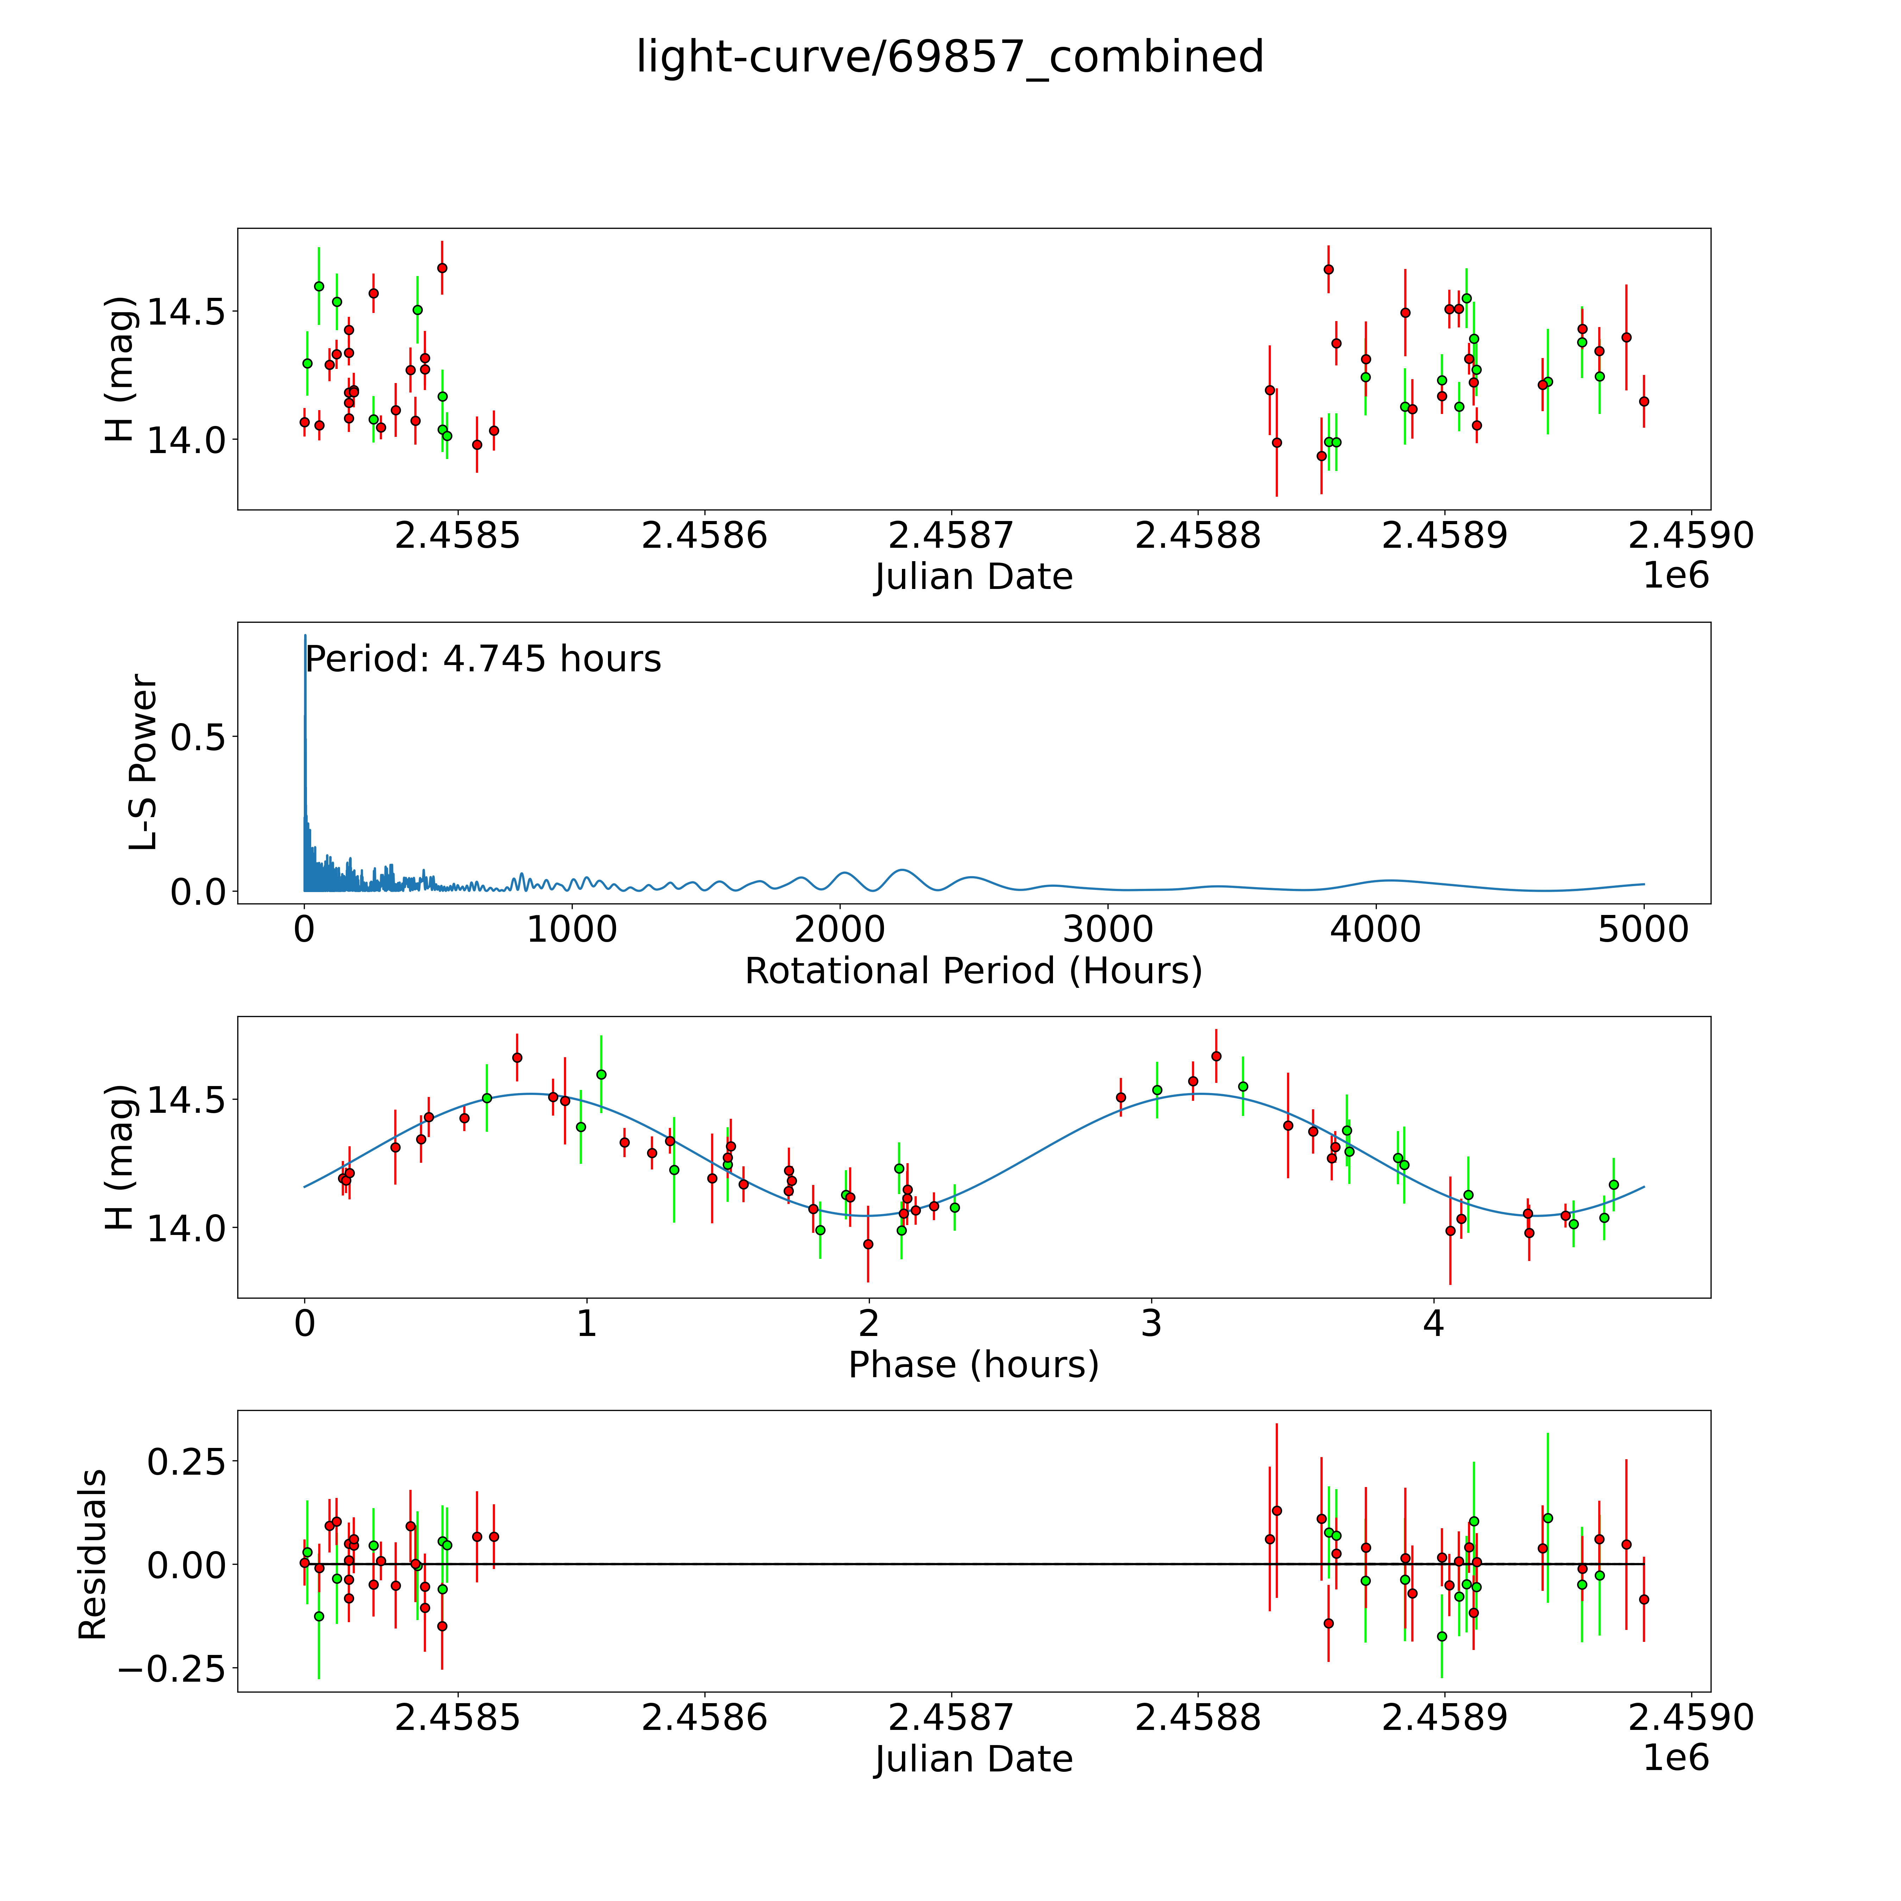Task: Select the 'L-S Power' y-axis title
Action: (144, 763)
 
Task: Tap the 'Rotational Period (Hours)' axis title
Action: (973, 971)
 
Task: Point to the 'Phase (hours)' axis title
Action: (973, 1365)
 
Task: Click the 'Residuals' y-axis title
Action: (93, 1555)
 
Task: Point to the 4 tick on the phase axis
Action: (1433, 1323)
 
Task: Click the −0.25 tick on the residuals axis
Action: (171, 1669)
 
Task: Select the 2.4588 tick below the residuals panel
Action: (1198, 1717)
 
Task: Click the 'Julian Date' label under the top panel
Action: (973, 577)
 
